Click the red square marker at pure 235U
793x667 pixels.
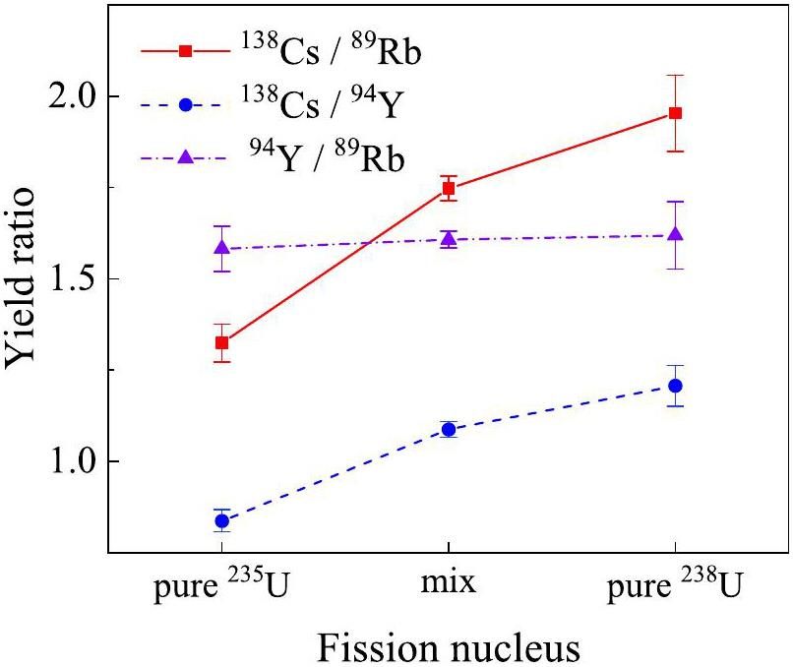tap(222, 342)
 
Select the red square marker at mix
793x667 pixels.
tap(449, 188)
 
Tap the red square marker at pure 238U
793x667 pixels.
tap(675, 113)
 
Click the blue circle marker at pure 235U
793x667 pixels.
tap(222, 520)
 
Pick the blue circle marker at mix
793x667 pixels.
tap(449, 429)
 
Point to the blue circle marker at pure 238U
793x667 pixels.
tap(675, 386)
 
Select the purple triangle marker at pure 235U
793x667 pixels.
tap(222, 248)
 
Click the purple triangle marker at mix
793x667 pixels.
tap(449, 238)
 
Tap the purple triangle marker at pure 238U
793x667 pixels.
tap(675, 234)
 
